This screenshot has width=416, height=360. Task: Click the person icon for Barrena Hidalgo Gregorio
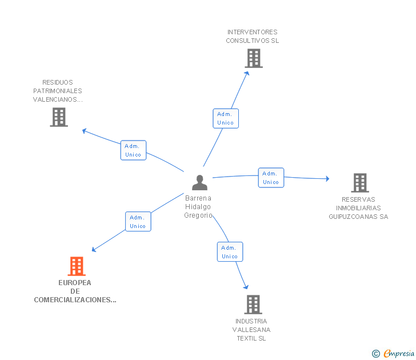pyautogui.click(x=199, y=182)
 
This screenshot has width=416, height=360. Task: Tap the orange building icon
pyautogui.click(x=77, y=266)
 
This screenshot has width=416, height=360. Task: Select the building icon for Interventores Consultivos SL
pyautogui.click(x=254, y=58)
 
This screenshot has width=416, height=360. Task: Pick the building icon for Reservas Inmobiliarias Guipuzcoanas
pyautogui.click(x=360, y=183)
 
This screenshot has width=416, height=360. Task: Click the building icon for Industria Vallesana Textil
pyautogui.click(x=253, y=305)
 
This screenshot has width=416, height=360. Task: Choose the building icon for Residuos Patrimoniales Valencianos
pyautogui.click(x=59, y=117)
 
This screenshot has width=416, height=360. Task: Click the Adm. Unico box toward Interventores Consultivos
pyautogui.click(x=226, y=118)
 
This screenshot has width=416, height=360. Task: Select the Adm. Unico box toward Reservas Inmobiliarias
pyautogui.click(x=271, y=178)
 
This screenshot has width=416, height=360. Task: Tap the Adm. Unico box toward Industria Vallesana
pyautogui.click(x=230, y=252)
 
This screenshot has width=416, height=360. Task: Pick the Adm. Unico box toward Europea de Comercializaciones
pyautogui.click(x=138, y=222)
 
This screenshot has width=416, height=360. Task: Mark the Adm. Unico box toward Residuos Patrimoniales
pyautogui.click(x=133, y=150)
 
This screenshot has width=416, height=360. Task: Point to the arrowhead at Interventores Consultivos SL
pyautogui.click(x=247, y=73)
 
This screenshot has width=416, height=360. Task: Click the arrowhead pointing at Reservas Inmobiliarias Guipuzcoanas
pyautogui.click(x=327, y=178)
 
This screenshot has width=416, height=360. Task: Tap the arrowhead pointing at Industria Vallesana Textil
pyautogui.click(x=246, y=287)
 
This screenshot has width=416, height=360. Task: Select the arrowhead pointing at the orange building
pyautogui.click(x=93, y=249)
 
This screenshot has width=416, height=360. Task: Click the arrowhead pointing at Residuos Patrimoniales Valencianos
pyautogui.click(x=84, y=130)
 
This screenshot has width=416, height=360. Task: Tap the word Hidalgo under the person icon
pyautogui.click(x=198, y=207)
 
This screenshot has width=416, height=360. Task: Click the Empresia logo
pyautogui.click(x=394, y=353)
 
